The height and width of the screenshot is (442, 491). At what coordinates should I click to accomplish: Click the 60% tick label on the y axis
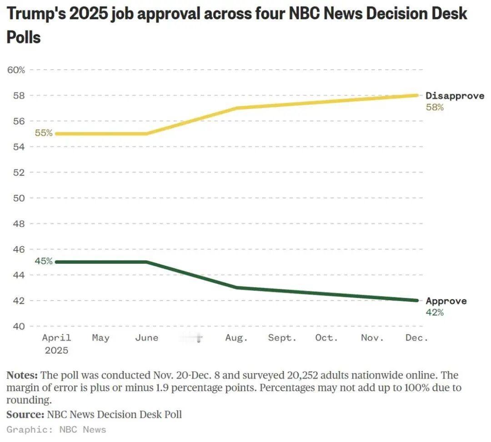16,70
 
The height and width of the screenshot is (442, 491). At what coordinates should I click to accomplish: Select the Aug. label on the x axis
236,338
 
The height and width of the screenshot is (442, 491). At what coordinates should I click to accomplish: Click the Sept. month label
282,338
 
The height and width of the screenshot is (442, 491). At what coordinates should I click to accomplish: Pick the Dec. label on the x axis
416,338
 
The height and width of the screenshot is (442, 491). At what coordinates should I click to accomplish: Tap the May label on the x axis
100,338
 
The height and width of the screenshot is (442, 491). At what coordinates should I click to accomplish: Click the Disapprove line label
455,96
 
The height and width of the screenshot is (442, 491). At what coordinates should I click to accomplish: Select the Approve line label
446,301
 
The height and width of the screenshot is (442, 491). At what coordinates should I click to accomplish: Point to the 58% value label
435,108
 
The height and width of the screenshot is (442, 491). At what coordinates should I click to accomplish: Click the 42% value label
435,313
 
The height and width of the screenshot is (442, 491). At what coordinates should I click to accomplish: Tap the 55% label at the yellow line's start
44,133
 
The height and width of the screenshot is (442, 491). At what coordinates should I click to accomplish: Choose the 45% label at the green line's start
44,261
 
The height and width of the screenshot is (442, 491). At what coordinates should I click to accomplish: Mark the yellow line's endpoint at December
417,95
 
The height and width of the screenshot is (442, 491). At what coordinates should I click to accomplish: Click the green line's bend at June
147,262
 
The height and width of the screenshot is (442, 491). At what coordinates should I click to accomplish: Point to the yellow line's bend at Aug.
236,108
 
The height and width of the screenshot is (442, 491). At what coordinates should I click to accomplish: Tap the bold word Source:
25,414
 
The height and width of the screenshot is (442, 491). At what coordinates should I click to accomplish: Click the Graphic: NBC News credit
56,430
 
